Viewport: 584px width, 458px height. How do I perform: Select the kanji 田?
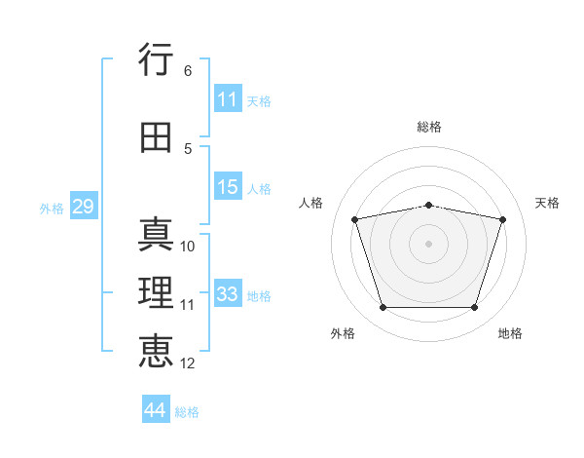[x=157, y=137]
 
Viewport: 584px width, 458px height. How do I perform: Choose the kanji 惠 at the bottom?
[x=157, y=351]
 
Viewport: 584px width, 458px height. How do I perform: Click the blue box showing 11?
[x=228, y=99]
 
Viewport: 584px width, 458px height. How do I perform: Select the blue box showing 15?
[x=228, y=187]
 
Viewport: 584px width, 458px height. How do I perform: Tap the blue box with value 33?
[x=228, y=294]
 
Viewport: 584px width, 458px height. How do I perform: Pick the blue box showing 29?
[x=83, y=207]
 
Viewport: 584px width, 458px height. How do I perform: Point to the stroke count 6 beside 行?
[x=188, y=71]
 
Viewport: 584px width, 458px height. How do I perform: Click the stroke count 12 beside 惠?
[x=188, y=363]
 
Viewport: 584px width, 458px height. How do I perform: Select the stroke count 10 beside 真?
[x=188, y=247]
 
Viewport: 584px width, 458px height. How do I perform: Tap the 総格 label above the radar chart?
[x=429, y=127]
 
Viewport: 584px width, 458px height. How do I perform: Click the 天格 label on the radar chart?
[x=548, y=203]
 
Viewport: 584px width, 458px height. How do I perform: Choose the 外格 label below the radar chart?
[x=343, y=333]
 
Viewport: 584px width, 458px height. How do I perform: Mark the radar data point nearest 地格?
[x=474, y=308]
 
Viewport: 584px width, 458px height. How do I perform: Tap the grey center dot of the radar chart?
[x=429, y=244]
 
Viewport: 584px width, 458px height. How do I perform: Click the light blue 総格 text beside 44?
[x=187, y=412]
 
